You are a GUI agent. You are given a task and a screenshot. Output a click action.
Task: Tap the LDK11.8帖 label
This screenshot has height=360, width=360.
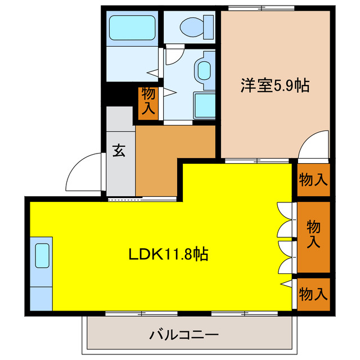tap(169, 255)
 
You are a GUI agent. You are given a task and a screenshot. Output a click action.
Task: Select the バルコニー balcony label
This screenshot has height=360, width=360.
tap(184, 335)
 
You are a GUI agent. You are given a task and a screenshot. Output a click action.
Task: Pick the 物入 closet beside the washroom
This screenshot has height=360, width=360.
tap(148, 102)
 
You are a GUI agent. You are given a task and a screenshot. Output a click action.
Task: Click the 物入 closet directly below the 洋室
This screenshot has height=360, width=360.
tap(313, 180)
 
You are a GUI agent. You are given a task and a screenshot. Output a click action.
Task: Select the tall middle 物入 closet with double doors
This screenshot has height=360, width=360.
tap(313, 235)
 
